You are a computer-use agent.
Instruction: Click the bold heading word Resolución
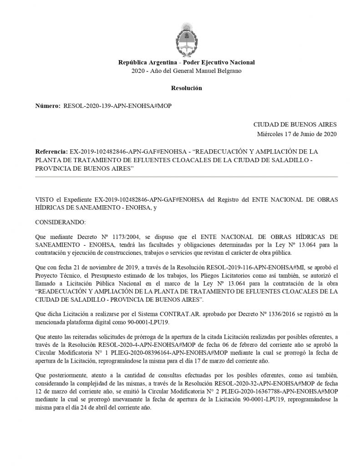186,88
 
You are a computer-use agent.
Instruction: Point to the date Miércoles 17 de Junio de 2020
297,134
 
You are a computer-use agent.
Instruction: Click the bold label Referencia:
51,152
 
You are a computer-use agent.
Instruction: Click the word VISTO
44,199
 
